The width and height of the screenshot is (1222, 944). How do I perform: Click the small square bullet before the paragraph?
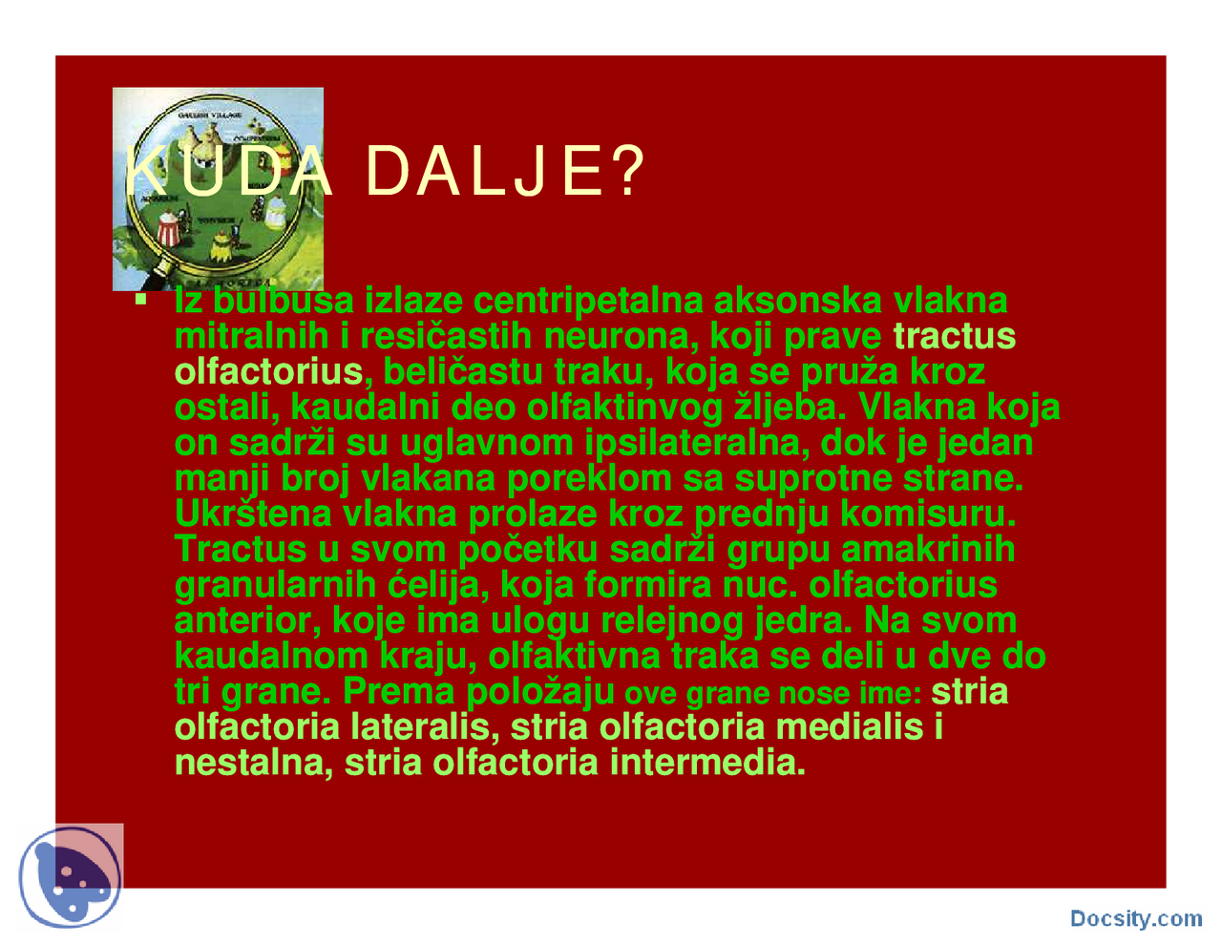tap(141, 300)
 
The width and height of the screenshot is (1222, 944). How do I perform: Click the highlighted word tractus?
tap(954, 336)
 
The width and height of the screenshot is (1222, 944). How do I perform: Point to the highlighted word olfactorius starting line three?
tap(268, 371)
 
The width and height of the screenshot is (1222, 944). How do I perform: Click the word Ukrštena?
tap(252, 514)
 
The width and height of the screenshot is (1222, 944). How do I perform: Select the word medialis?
tap(850, 727)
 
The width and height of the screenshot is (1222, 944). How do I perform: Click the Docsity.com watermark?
tap(1135, 918)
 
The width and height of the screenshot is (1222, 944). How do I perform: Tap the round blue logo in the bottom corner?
tap(71, 878)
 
